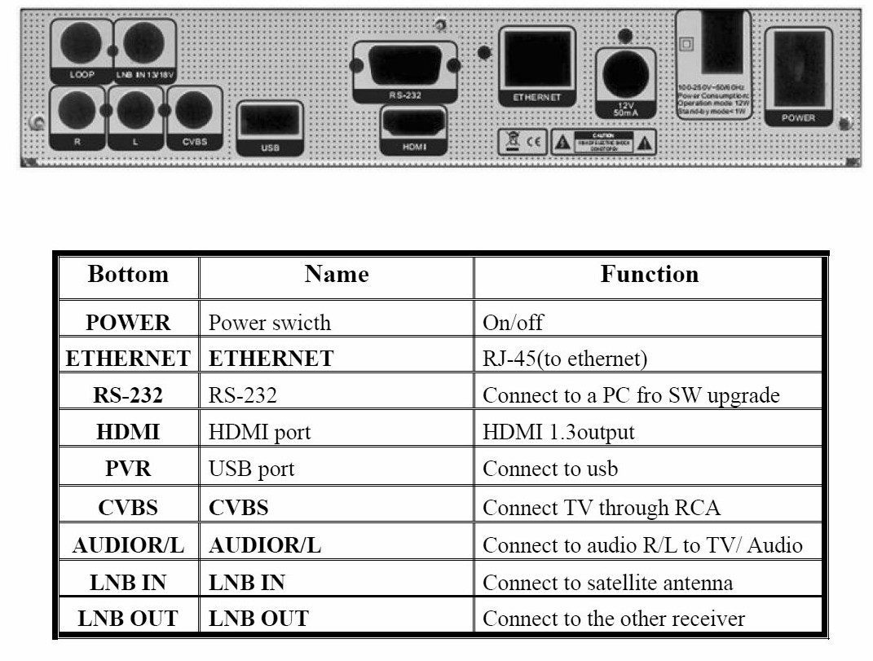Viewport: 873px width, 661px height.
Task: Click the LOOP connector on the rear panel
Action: pyautogui.click(x=81, y=44)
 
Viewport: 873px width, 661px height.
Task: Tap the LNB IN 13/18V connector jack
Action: pyautogui.click(x=144, y=44)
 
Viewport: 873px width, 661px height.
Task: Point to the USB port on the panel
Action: pyautogui.click(x=271, y=121)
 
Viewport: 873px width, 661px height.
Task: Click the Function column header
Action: pyautogui.click(x=649, y=274)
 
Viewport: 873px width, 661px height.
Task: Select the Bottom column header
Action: pyautogui.click(x=128, y=274)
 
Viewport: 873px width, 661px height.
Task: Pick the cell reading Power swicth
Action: pyautogui.click(x=270, y=323)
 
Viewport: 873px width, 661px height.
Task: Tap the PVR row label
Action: pyautogui.click(x=128, y=469)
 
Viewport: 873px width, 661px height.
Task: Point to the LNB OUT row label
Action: pyautogui.click(x=128, y=619)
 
